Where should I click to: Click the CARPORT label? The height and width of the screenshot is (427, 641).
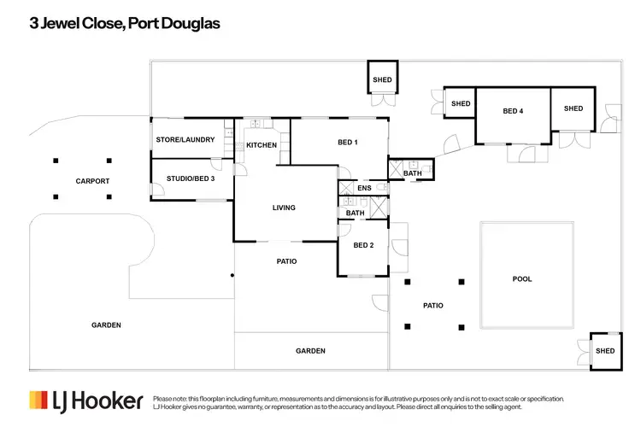pos(92,181)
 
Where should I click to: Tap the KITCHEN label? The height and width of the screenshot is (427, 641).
pos(262,145)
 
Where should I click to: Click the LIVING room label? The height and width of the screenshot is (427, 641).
pos(284,208)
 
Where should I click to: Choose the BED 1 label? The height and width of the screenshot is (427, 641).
pos(348,142)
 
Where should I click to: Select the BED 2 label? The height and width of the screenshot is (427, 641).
pos(363,246)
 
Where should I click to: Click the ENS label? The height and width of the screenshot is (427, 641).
pos(364,188)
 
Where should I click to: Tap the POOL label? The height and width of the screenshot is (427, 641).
pos(521,278)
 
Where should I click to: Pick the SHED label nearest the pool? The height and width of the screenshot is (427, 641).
pos(605,351)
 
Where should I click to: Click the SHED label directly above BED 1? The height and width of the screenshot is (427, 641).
pos(382,80)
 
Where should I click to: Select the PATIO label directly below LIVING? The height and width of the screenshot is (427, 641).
pos(286,261)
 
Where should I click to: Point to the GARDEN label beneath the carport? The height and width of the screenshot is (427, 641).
pos(107,325)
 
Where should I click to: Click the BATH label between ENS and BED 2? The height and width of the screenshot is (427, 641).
pos(356,213)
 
